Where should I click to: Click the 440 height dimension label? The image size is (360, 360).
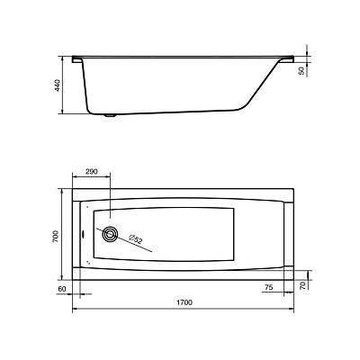(x=58, y=85)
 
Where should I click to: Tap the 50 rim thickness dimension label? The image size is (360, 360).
(x=301, y=71)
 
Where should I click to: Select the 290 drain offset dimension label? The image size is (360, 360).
(x=92, y=172)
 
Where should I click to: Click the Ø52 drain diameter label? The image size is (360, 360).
(x=136, y=239)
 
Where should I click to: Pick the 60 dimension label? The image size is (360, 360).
(x=61, y=289)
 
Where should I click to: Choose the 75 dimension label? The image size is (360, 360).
(x=269, y=287)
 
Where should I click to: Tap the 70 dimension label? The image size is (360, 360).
(x=303, y=285)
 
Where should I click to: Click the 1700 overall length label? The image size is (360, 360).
(x=184, y=302)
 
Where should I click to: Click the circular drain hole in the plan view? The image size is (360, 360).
(x=110, y=234)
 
